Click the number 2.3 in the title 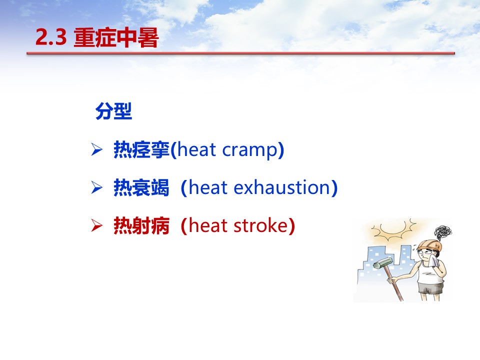(x=51, y=37)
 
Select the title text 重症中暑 (x=116, y=37)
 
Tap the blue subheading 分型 (x=113, y=111)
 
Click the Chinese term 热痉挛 (x=141, y=149)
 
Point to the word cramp (x=249, y=150)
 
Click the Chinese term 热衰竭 (x=141, y=187)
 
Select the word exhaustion (x=281, y=187)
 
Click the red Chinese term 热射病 (x=141, y=225)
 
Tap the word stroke (x=261, y=225)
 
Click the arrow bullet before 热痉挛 (x=96, y=149)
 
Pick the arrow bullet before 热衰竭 (x=96, y=187)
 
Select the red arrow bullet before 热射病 (x=96, y=225)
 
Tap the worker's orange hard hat (x=430, y=245)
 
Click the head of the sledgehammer (x=382, y=263)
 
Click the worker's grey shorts (x=431, y=289)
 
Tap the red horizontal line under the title (x=240, y=53)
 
